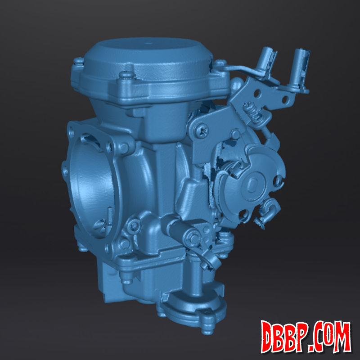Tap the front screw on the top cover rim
pyautogui.click(x=126, y=74)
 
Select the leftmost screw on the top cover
pyautogui.click(x=78, y=60)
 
